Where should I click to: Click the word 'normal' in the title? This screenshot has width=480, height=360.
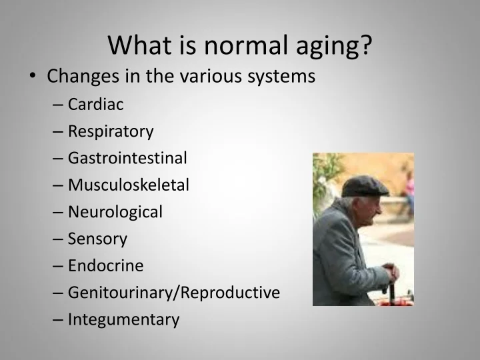(x=235, y=45)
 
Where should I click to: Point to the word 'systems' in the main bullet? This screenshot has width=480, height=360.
(x=281, y=77)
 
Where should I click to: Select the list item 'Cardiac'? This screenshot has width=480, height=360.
(x=96, y=104)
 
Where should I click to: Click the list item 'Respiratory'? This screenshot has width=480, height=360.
(x=111, y=131)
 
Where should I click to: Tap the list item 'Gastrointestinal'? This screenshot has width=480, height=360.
(x=127, y=158)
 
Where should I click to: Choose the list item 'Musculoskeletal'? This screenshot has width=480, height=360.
(x=129, y=185)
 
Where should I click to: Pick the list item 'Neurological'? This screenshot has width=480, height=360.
(x=115, y=212)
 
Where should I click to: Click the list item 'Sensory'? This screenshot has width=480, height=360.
(x=97, y=239)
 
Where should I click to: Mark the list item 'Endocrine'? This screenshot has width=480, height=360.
(x=105, y=265)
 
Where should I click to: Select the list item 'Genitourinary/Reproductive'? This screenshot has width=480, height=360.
(x=174, y=293)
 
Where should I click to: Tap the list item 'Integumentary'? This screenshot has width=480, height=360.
(x=123, y=319)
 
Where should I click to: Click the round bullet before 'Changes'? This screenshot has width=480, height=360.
(x=33, y=77)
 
